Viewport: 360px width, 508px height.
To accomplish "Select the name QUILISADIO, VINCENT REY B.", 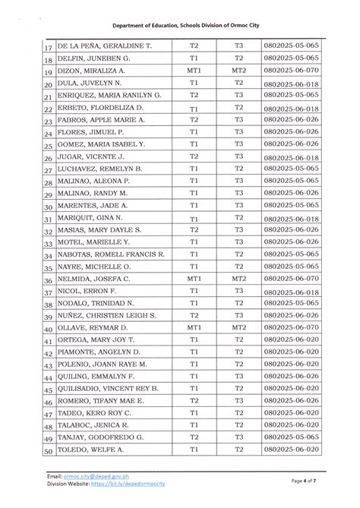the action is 108,388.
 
